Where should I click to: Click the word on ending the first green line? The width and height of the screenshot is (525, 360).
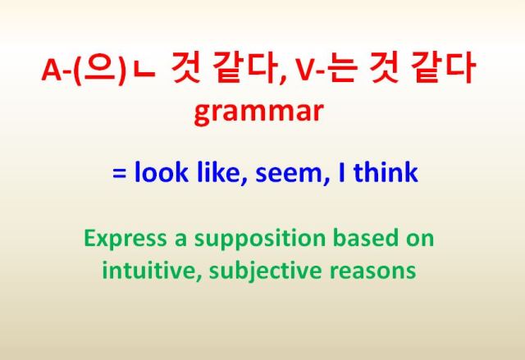(x=419, y=239)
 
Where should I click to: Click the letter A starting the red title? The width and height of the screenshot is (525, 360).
(x=50, y=72)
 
